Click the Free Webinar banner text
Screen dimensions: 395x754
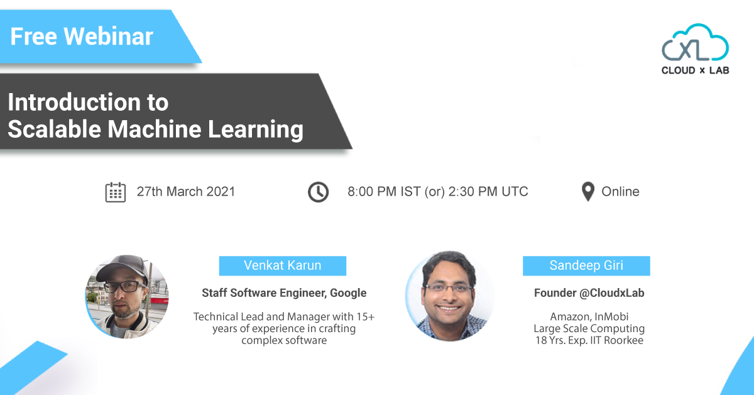pos(82,36)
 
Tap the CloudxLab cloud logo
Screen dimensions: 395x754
pos(695,43)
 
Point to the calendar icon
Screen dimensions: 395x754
pos(116,192)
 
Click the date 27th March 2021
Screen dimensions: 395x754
pos(186,192)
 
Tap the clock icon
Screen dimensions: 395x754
pos(318,192)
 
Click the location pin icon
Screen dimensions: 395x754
pos(587,192)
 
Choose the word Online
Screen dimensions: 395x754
pos(620,192)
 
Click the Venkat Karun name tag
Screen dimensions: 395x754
pos(282,265)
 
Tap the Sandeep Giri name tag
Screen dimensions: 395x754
pos(586,265)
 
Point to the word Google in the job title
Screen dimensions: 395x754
pos(348,293)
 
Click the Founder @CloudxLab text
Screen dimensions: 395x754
pos(589,293)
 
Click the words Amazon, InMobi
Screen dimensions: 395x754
pos(589,316)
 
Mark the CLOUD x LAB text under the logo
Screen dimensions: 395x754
pos(695,70)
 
